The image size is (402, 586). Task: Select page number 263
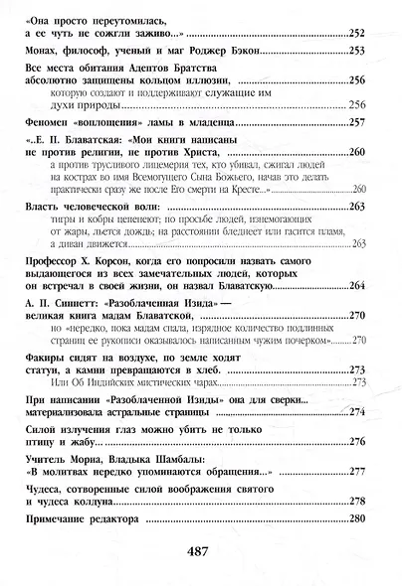pyautogui.click(x=358, y=242)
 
